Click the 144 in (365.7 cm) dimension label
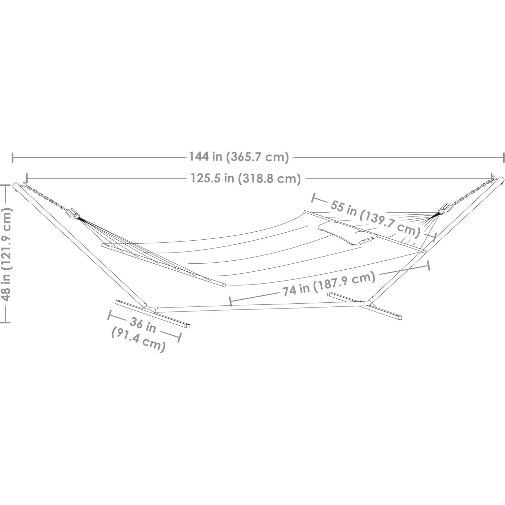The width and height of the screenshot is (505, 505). click(x=239, y=157)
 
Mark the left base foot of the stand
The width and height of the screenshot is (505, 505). click(x=153, y=314)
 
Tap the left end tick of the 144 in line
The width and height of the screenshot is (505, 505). click(x=13, y=157)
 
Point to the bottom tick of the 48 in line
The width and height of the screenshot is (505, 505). click(x=5, y=322)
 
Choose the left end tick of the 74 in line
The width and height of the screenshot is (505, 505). click(x=231, y=301)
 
